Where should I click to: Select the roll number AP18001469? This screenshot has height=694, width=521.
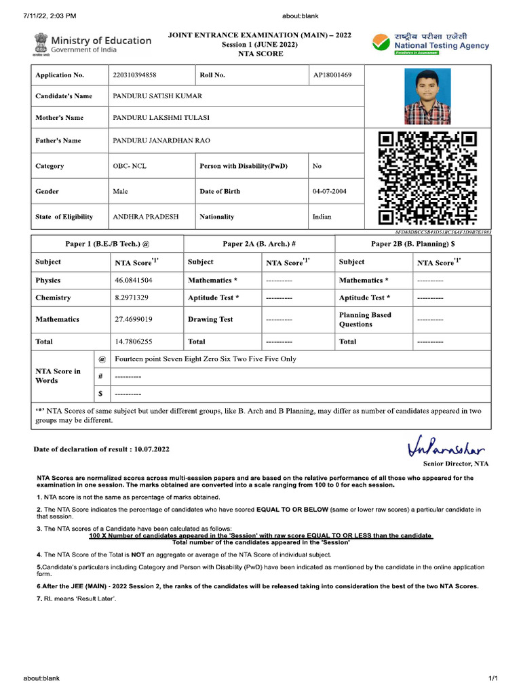[x=332, y=75]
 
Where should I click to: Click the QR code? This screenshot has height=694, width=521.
[x=427, y=178]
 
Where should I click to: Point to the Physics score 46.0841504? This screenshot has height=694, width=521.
[x=134, y=280]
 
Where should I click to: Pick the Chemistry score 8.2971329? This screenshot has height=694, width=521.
[x=132, y=298]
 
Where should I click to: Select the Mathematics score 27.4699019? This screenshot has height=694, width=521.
[x=134, y=319]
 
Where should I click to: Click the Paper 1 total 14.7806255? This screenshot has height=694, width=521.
[x=134, y=342]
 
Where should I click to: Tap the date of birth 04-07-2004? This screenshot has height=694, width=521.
[x=329, y=191]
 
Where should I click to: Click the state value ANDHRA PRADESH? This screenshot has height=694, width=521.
[x=146, y=217]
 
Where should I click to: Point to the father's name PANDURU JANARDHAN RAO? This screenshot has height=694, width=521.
[x=161, y=141]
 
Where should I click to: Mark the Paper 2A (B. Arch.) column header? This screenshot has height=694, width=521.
[x=259, y=243]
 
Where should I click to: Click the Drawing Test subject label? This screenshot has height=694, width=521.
[x=210, y=319]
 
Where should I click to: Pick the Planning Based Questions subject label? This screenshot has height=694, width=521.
[x=365, y=319]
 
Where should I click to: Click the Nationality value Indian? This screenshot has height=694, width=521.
[x=322, y=217]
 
